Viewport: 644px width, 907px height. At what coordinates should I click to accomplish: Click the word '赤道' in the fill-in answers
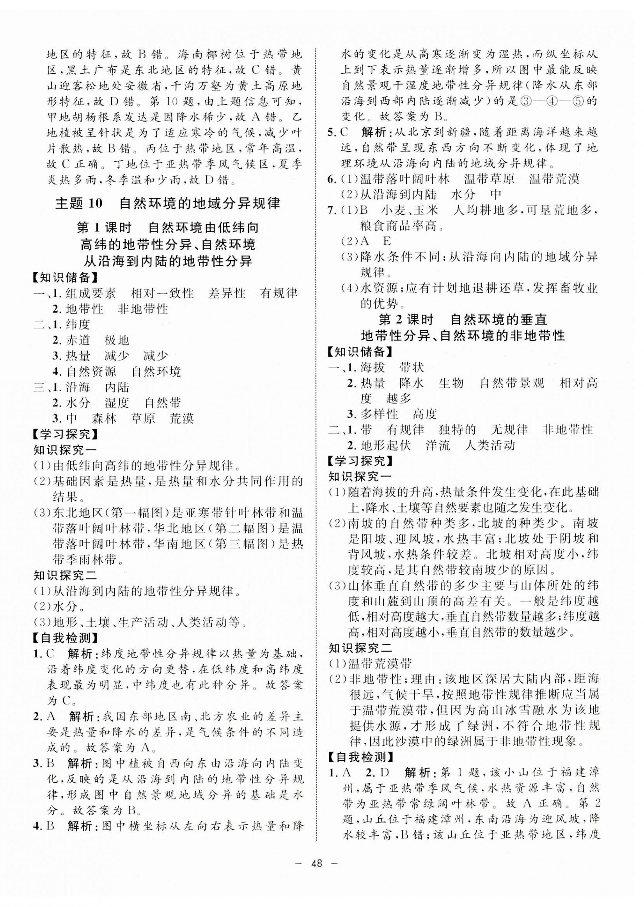(78, 340)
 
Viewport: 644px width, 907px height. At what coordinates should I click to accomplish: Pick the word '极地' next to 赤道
(117, 340)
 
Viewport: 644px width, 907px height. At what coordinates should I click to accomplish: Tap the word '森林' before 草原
(104, 419)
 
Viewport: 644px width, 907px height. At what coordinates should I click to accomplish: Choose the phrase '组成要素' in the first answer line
(91, 293)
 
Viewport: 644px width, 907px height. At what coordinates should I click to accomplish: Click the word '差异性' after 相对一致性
(227, 293)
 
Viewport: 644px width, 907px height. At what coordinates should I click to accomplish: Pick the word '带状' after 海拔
(412, 367)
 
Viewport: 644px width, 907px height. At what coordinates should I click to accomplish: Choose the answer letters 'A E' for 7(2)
(375, 241)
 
